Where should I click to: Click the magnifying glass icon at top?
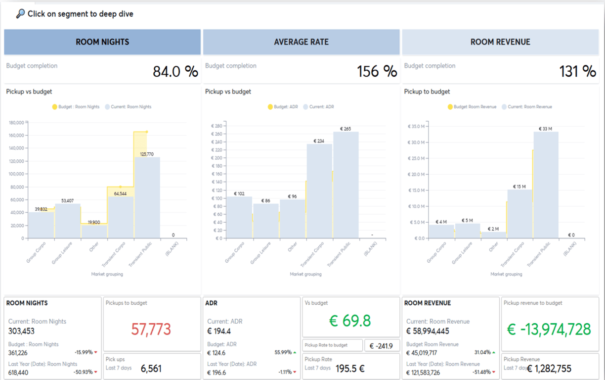20,14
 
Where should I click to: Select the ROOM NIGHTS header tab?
102,42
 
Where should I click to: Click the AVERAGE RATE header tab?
301,42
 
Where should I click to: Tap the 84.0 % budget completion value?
175,72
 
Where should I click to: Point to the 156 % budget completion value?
377,72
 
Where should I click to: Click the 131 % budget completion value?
577,72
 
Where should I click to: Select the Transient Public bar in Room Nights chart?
147,198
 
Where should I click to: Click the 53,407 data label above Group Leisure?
68,200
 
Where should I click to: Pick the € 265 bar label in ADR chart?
346,129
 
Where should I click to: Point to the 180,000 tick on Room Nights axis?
16,122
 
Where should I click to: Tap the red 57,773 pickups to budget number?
151,329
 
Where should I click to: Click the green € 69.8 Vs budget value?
350,321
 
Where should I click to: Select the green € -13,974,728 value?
549,329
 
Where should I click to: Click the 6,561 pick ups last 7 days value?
151,369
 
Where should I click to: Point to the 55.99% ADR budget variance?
283,353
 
